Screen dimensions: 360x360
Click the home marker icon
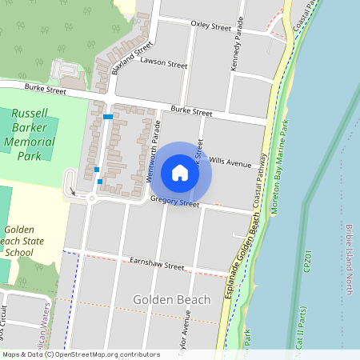(x=180, y=173)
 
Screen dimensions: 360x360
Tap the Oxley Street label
(x=210, y=26)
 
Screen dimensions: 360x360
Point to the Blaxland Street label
(x=132, y=54)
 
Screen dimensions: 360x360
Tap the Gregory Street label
(x=174, y=203)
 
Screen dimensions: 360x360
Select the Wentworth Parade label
(x=155, y=152)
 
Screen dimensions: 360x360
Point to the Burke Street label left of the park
(x=45, y=90)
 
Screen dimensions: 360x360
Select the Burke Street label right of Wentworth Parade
(x=191, y=113)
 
